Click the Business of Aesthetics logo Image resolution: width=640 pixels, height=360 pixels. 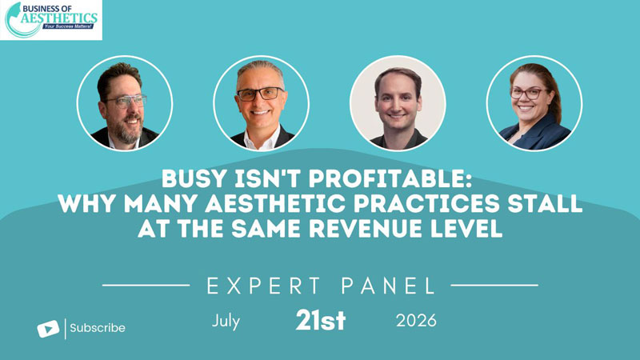coord(51,20)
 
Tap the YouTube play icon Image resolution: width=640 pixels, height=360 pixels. coord(48,329)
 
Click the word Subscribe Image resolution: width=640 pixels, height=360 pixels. coord(98,328)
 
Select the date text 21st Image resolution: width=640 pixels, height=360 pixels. coord(321,320)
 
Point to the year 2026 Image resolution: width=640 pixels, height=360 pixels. coord(416,321)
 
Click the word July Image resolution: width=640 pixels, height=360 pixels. coord(226,322)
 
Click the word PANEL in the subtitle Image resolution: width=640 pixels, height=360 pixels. coord(389,286)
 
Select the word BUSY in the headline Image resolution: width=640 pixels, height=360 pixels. coord(194,178)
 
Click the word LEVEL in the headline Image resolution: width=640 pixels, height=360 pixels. coord(466,229)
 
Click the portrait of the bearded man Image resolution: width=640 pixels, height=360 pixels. coord(125,103)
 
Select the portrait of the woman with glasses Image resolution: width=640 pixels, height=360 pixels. coord(534,103)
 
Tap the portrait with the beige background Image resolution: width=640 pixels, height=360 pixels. coord(398,103)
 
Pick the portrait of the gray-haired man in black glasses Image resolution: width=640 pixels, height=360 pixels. coord(262,103)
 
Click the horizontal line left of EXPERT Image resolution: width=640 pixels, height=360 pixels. coord(146,286)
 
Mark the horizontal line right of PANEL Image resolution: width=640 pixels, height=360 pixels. coord(494,286)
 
